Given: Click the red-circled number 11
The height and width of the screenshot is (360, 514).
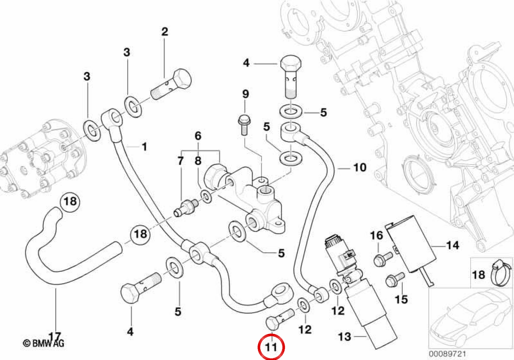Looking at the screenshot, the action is (271, 347).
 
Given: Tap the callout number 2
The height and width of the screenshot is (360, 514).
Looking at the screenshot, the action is (164, 32).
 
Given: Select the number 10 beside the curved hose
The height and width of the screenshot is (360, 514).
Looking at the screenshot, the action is (360, 168).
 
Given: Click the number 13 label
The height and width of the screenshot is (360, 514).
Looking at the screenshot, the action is (345, 337).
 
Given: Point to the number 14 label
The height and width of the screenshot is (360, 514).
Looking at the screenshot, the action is (453, 245).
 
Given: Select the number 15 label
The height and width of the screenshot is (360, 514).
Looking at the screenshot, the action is (401, 299).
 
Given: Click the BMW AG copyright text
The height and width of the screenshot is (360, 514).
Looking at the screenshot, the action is (44, 343).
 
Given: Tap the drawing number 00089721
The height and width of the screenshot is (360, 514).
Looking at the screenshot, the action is (448, 354).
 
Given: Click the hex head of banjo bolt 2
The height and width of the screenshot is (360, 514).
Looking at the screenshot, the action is (182, 79).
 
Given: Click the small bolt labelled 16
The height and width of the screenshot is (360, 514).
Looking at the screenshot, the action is (383, 259).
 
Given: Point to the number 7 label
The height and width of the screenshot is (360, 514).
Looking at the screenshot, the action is (181, 161).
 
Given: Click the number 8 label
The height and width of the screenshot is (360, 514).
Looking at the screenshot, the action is (198, 161).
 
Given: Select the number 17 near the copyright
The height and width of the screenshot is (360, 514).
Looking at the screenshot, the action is (55, 336).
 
